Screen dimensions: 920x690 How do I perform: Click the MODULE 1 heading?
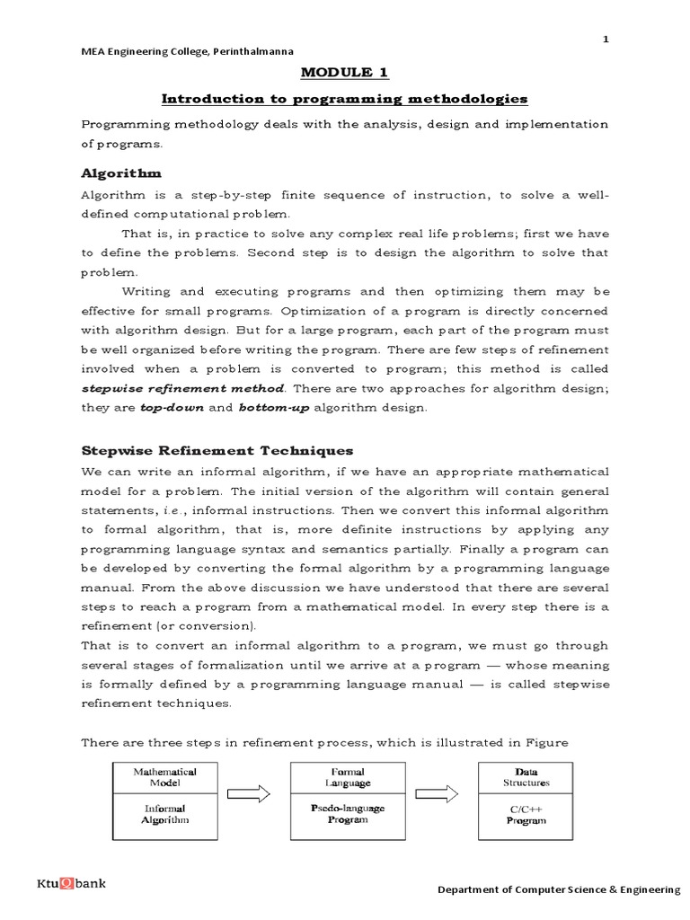[345, 73]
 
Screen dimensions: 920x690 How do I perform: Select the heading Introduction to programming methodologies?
[345, 98]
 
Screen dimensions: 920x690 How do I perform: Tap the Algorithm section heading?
[121, 172]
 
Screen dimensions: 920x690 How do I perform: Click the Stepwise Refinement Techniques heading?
[217, 450]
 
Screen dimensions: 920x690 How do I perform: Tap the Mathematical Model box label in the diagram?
[164, 777]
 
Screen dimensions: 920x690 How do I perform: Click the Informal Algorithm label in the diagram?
[164, 814]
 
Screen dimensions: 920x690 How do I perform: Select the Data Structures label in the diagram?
[526, 777]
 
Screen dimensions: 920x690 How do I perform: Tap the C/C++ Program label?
[526, 814]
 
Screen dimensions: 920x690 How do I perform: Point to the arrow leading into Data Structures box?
[437, 794]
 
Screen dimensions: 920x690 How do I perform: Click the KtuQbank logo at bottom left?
[71, 883]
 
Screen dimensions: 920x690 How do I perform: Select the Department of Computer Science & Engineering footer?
[558, 889]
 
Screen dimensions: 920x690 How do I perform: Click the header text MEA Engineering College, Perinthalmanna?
[187, 51]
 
